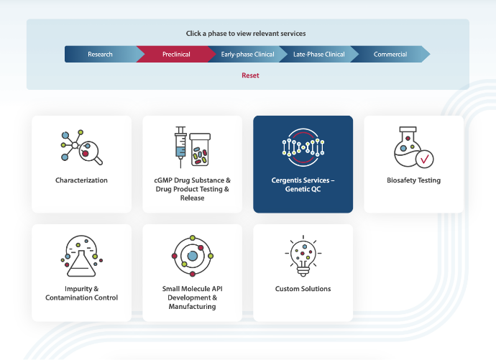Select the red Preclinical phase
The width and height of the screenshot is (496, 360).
coord(176,54)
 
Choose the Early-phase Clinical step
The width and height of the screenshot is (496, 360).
coord(247,54)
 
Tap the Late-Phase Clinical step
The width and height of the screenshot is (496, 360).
coord(319,54)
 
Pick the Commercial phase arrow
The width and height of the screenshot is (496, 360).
coord(390,54)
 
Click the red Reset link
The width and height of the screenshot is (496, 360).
coord(250,75)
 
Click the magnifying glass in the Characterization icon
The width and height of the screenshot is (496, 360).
coord(90,152)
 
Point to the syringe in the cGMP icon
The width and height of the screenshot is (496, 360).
coord(180,147)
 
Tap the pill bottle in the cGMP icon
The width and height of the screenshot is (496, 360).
coord(200,149)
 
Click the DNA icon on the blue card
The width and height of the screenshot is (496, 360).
coord(303,148)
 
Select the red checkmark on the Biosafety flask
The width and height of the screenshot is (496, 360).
coord(425,159)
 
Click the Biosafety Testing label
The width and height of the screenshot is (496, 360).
coord(414,180)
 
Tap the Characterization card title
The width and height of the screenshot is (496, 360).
coord(81,180)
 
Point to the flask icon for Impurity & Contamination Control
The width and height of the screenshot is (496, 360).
coord(82,256)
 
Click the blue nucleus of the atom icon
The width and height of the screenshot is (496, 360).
coord(193,256)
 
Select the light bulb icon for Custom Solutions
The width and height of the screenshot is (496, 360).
coord(303,256)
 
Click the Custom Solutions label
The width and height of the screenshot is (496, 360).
coord(303,289)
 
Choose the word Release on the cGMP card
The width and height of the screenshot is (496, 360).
coord(193,198)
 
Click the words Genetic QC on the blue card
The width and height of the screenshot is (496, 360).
coord(303,189)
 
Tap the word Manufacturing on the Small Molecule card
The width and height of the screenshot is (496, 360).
coord(193,306)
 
